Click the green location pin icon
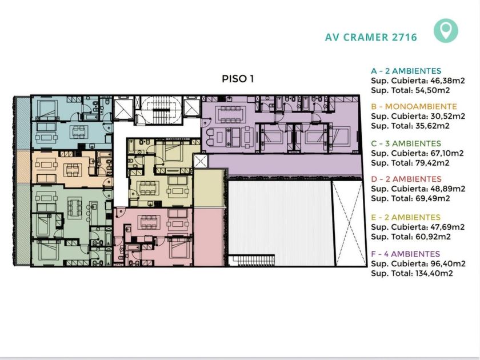446,30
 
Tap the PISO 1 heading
238,79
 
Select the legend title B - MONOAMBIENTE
414,106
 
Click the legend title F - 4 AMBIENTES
406,254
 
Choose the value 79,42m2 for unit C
432,163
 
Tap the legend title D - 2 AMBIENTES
406,179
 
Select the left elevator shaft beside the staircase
123,109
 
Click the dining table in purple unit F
232,114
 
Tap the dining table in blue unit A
79,132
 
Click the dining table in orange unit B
73,170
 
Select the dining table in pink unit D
149,222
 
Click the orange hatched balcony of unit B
23,167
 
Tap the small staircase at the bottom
252,261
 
